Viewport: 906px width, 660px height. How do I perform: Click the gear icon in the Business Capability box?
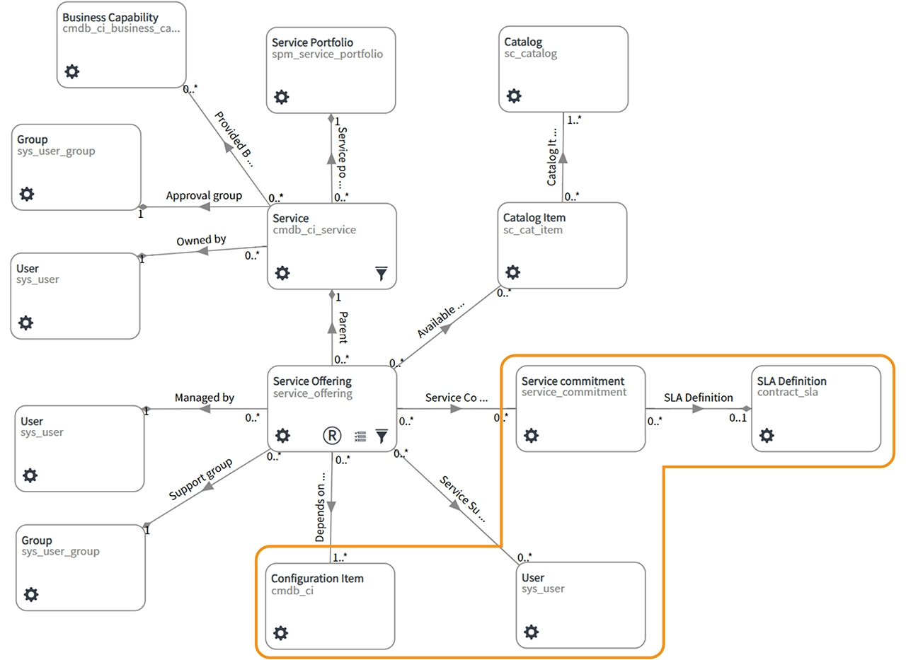coord(72,71)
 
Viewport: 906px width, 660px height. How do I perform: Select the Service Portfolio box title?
coord(312,42)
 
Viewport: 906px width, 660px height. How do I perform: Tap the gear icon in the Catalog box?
coord(514,95)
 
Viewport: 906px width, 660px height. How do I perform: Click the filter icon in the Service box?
coord(382,274)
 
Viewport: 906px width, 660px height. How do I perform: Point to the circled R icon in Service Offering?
coord(331,436)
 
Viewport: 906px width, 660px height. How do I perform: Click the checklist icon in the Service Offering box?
coord(360,436)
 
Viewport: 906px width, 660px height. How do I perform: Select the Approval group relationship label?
coord(204,195)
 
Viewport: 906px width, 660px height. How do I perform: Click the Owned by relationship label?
coord(201,241)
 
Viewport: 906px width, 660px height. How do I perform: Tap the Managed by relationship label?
coord(204,398)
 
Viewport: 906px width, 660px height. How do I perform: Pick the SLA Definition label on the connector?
coord(698,398)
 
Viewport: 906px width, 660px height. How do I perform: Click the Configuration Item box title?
coord(317,579)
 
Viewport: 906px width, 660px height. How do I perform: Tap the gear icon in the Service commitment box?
coord(531,436)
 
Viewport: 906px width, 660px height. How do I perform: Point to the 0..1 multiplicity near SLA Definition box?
coord(738,418)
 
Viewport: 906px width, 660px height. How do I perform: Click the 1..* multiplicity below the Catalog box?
coord(574,120)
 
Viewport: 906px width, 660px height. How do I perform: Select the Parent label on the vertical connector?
coord(343,327)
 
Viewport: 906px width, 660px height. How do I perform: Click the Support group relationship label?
coord(201,480)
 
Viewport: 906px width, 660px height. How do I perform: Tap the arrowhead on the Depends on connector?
coord(331,507)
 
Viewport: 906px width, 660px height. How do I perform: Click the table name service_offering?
coord(312,393)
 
